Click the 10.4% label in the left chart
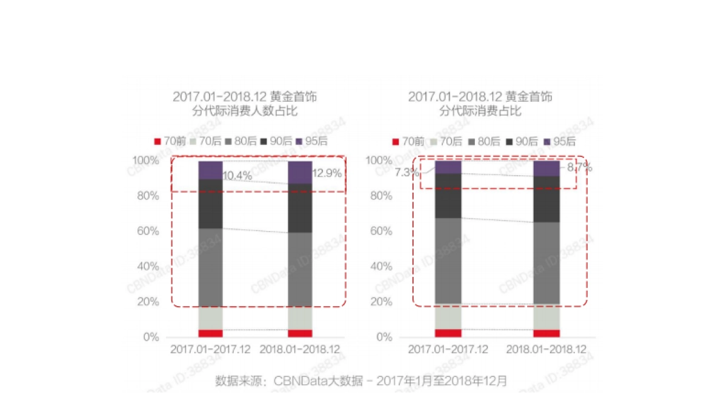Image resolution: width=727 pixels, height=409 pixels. pos(237,176)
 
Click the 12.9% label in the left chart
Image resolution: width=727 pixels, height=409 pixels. pos(327,173)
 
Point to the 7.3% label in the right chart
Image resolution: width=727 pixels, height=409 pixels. pos(407,173)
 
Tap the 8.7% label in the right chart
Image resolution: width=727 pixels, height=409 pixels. pos(579,168)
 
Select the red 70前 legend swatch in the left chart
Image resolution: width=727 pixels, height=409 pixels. pos(158,142)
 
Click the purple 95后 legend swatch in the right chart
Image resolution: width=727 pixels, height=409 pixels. pos(547,142)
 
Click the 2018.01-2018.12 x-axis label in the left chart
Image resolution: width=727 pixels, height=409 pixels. pos(300,350)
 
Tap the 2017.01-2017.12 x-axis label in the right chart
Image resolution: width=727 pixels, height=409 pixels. pos(448,350)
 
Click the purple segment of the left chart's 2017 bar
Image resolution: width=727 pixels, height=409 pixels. pos(210,170)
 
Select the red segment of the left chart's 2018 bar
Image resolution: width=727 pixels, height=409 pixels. pos(300,333)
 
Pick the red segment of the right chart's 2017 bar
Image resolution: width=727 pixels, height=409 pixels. pos(448,333)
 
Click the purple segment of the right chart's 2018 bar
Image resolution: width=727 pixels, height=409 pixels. pos(546,168)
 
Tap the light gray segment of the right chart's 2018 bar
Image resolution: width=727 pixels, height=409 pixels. pos(546,316)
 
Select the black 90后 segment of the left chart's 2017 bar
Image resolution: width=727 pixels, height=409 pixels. pos(210,204)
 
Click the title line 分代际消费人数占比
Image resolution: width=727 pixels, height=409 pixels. pos(245,111)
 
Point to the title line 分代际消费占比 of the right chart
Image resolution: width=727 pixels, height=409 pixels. pos(480,111)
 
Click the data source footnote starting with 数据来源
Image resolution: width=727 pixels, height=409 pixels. pos(361,381)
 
